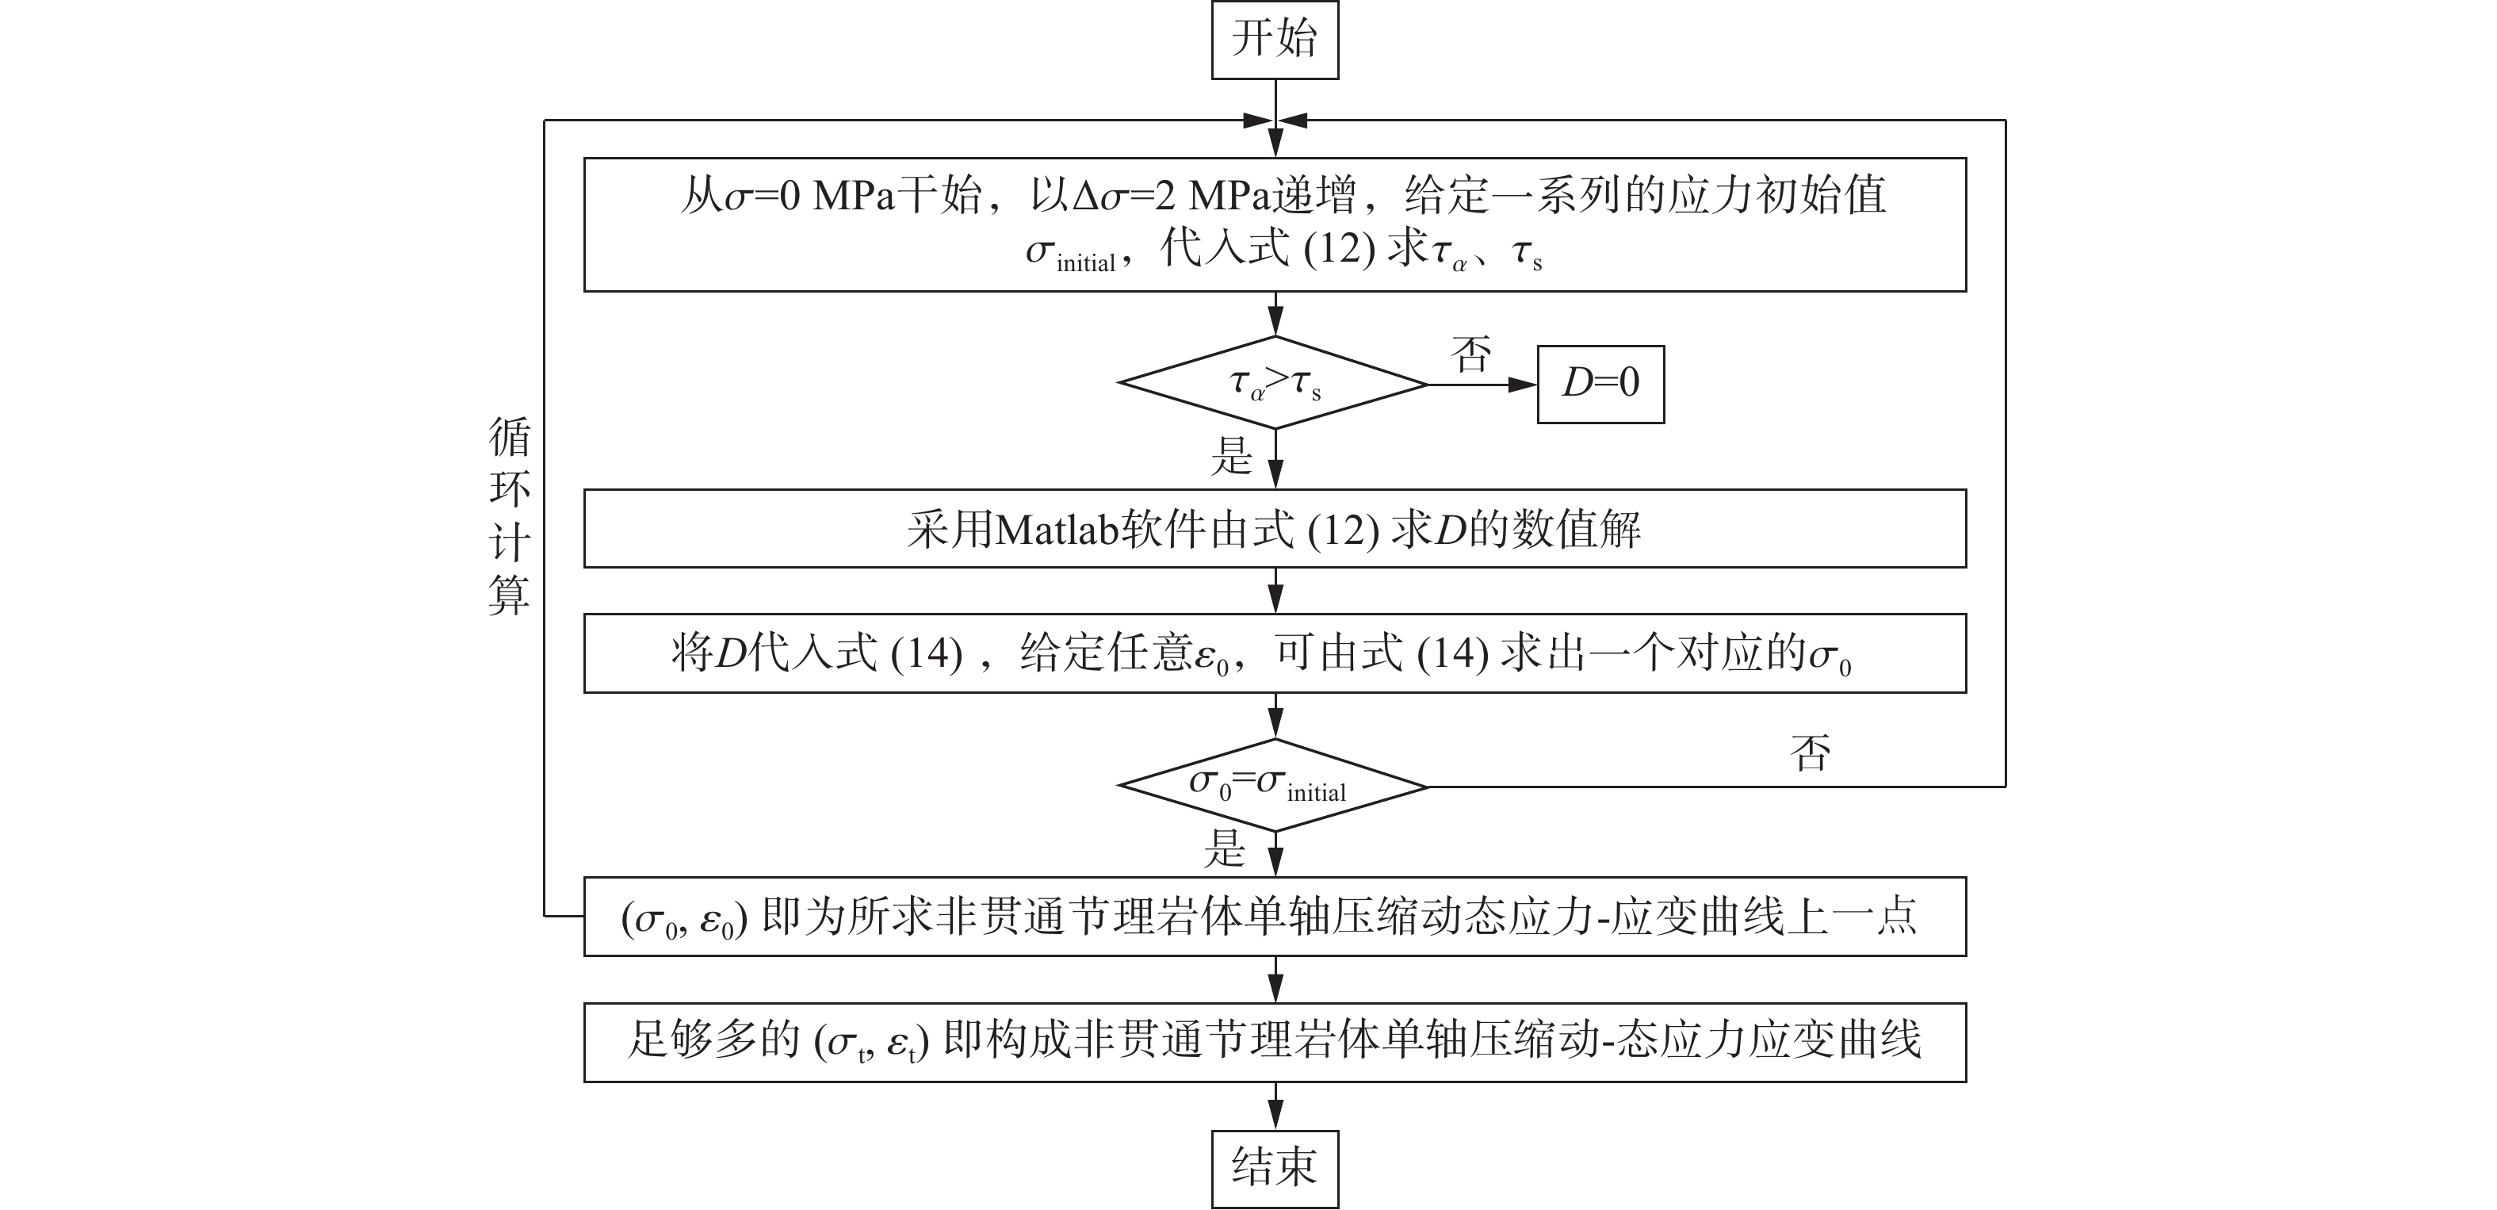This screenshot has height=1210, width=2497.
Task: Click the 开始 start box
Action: tap(1274, 40)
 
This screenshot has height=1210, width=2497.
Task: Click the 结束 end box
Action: tap(1274, 1167)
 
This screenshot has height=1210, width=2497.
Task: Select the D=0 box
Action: tap(1600, 384)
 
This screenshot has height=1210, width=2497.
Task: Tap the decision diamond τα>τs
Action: tap(1274, 384)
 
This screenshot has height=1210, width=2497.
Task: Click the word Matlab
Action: tap(1057, 530)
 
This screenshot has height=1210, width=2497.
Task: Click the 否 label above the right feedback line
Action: tap(1810, 752)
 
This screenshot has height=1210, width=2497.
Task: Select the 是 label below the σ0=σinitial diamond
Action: tap(1224, 848)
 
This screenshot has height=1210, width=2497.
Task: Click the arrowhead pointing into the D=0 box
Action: tap(1523, 385)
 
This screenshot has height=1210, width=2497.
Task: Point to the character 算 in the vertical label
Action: tap(509, 595)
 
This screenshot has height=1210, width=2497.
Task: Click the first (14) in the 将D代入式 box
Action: tap(926, 654)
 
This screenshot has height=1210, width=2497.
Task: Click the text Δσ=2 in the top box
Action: tap(1123, 197)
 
